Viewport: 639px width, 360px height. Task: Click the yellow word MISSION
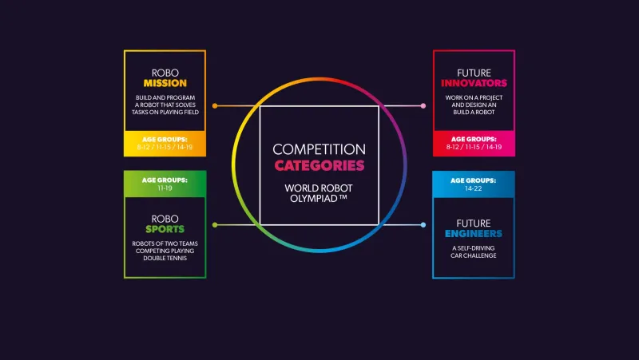coord(165,83)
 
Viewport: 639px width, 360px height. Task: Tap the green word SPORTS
coord(165,229)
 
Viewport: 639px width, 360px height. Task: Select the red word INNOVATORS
coord(474,83)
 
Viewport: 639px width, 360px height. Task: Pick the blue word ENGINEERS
coord(474,234)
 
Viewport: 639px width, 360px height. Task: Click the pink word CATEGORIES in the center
coord(319,166)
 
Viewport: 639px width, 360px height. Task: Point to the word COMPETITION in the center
coord(319,149)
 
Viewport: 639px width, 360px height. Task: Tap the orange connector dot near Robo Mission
coord(215,106)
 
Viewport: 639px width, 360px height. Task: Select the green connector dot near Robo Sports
coord(215,225)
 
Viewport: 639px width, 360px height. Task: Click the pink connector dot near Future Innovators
coord(423,106)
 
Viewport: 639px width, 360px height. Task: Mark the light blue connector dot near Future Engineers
coord(423,225)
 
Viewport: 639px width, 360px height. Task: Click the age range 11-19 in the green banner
coord(165,188)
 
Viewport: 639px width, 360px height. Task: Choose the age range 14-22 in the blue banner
coord(473,188)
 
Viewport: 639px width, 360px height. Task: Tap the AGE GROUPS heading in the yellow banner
coord(165,139)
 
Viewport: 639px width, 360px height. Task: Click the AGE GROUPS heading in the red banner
coord(474,139)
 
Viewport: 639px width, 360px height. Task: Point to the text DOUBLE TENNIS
coord(165,258)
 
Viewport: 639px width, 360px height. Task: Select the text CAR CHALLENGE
coord(474,255)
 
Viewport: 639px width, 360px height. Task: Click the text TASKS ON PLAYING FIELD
coord(165,113)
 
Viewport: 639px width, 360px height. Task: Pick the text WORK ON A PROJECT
coord(474,97)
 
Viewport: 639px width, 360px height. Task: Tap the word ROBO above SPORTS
coord(165,219)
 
